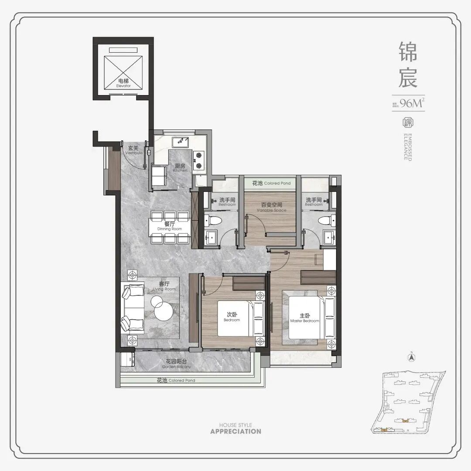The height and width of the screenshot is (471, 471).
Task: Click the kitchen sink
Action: (x=180, y=142)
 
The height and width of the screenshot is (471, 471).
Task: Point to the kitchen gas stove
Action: (x=199, y=160)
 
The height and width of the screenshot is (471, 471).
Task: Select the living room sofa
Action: (x=133, y=307)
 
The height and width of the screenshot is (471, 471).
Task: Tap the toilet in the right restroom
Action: (x=325, y=221)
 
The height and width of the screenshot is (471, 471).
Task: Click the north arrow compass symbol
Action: (x=410, y=357)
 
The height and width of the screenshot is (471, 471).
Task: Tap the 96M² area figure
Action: (x=412, y=103)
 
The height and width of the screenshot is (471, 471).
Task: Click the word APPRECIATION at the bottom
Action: (x=235, y=431)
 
